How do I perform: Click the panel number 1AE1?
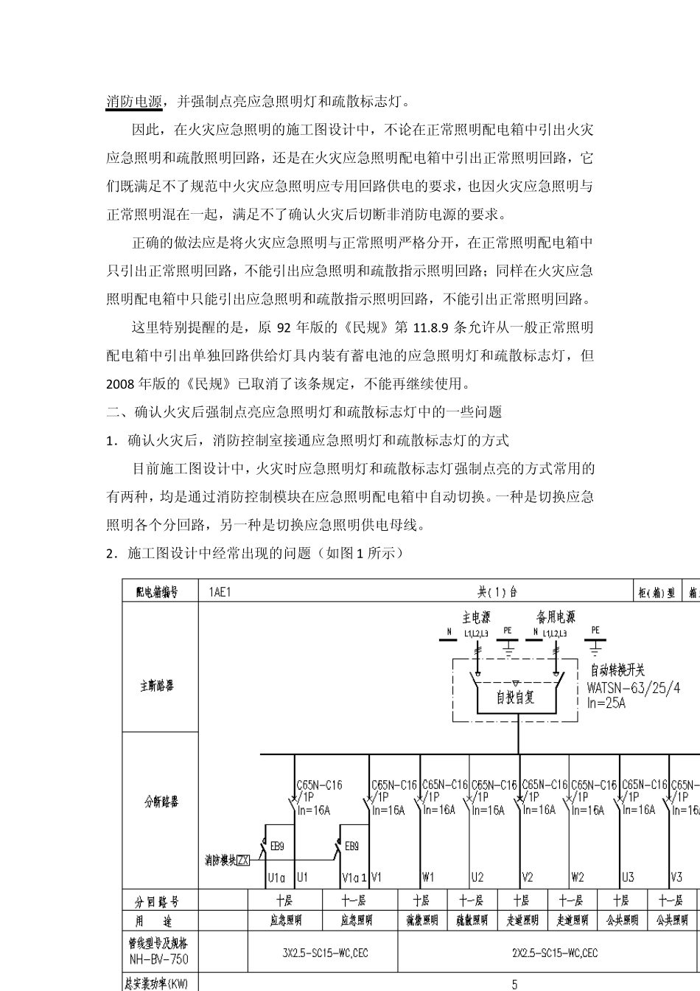coord(220,592)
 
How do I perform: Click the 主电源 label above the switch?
coord(475,616)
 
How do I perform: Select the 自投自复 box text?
coord(515,697)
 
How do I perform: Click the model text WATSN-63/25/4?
coord(633,688)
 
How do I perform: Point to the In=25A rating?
coord(606,703)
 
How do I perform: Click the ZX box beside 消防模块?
coord(243,860)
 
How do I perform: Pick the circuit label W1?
coord(428,877)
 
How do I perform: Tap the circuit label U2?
coord(477,877)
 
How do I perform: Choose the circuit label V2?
coord(528,877)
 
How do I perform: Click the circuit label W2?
coord(578,877)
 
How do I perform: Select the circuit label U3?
coord(628,877)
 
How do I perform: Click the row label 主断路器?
coord(157,686)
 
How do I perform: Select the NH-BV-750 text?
coord(158,959)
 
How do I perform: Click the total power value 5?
coord(514,984)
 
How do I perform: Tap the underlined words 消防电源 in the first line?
coord(134,101)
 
